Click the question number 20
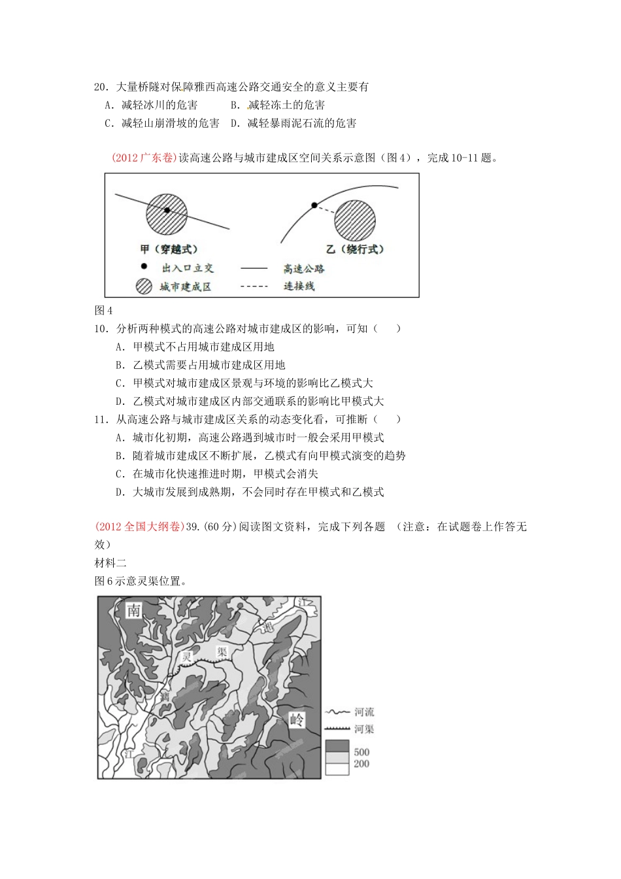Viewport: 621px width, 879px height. pyautogui.click(x=101, y=87)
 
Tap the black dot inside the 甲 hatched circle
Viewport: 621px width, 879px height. pyautogui.click(x=167, y=210)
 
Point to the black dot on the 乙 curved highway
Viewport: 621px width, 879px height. pyautogui.click(x=314, y=205)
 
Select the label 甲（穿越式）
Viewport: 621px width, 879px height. pyautogui.click(x=169, y=249)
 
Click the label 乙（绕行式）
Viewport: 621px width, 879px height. pyautogui.click(x=355, y=249)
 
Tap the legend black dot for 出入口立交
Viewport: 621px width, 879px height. pyautogui.click(x=144, y=267)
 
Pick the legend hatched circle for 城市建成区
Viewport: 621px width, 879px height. pyautogui.click(x=144, y=286)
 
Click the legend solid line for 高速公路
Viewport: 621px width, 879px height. pyautogui.click(x=254, y=268)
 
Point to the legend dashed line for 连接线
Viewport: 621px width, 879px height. pyautogui.click(x=254, y=286)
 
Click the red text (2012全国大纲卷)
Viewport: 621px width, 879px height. pyautogui.click(x=139, y=527)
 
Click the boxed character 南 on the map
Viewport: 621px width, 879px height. pyautogui.click(x=133, y=611)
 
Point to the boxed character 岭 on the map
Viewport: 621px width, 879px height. pyautogui.click(x=297, y=721)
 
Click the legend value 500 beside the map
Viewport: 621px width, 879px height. pyautogui.click(x=361, y=752)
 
